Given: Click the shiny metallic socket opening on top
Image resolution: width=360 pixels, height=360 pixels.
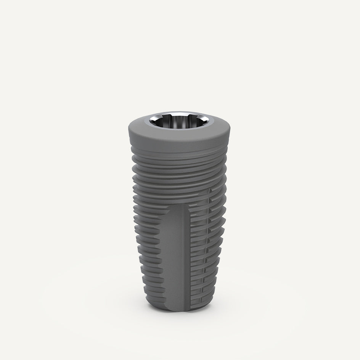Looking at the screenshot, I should coord(179,122).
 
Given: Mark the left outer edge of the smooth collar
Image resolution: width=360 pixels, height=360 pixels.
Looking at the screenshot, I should coord(129,132).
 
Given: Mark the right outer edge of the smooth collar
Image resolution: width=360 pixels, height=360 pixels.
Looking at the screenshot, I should coord(230,132).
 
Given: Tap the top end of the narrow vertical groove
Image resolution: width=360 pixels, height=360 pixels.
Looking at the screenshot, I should coord(209,189).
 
